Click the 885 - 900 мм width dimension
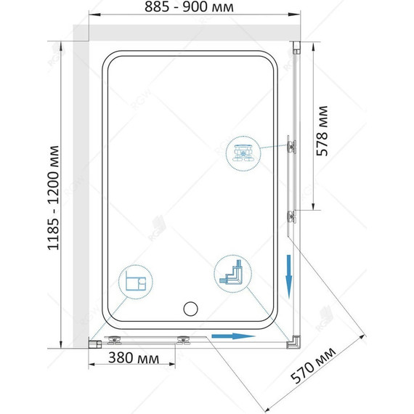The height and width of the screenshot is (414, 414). pyautogui.click(x=189, y=7)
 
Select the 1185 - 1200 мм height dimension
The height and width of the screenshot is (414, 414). pyautogui.click(x=53, y=198)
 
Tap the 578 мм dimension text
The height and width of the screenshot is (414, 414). pyautogui.click(x=322, y=131)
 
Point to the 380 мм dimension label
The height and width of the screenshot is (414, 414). pyautogui.click(x=134, y=358)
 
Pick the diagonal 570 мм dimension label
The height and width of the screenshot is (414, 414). pyautogui.click(x=313, y=365)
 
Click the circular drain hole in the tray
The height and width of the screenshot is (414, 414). pyautogui.click(x=190, y=309)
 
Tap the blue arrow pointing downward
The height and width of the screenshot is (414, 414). pyautogui.click(x=289, y=277)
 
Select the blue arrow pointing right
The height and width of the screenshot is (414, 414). pyautogui.click(x=233, y=336)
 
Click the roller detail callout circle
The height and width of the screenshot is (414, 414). pyautogui.click(x=243, y=154)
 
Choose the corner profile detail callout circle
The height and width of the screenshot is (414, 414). pyautogui.click(x=232, y=274)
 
